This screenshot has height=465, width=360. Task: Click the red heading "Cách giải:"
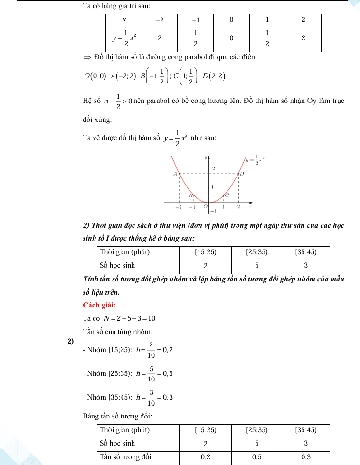tap(99, 305)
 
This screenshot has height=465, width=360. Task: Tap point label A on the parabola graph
tap(175, 174)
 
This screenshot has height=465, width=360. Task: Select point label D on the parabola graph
tap(241, 174)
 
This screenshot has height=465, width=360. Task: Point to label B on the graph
tap(190, 195)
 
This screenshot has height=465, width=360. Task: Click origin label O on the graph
tap(205, 207)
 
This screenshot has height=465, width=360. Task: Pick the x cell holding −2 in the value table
tap(160, 20)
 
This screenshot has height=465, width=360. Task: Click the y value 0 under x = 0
tap(231, 38)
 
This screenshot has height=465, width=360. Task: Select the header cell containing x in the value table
tap(124, 20)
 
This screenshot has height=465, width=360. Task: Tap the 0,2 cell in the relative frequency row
tap(206, 457)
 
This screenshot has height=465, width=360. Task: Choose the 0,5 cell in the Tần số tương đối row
tap(256, 457)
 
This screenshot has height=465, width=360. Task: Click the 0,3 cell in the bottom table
tap(306, 457)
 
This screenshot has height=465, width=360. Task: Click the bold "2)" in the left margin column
tap(70, 341)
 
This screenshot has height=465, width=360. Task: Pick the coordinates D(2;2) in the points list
tap(214, 76)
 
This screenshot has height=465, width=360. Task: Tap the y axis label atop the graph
tap(205, 157)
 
